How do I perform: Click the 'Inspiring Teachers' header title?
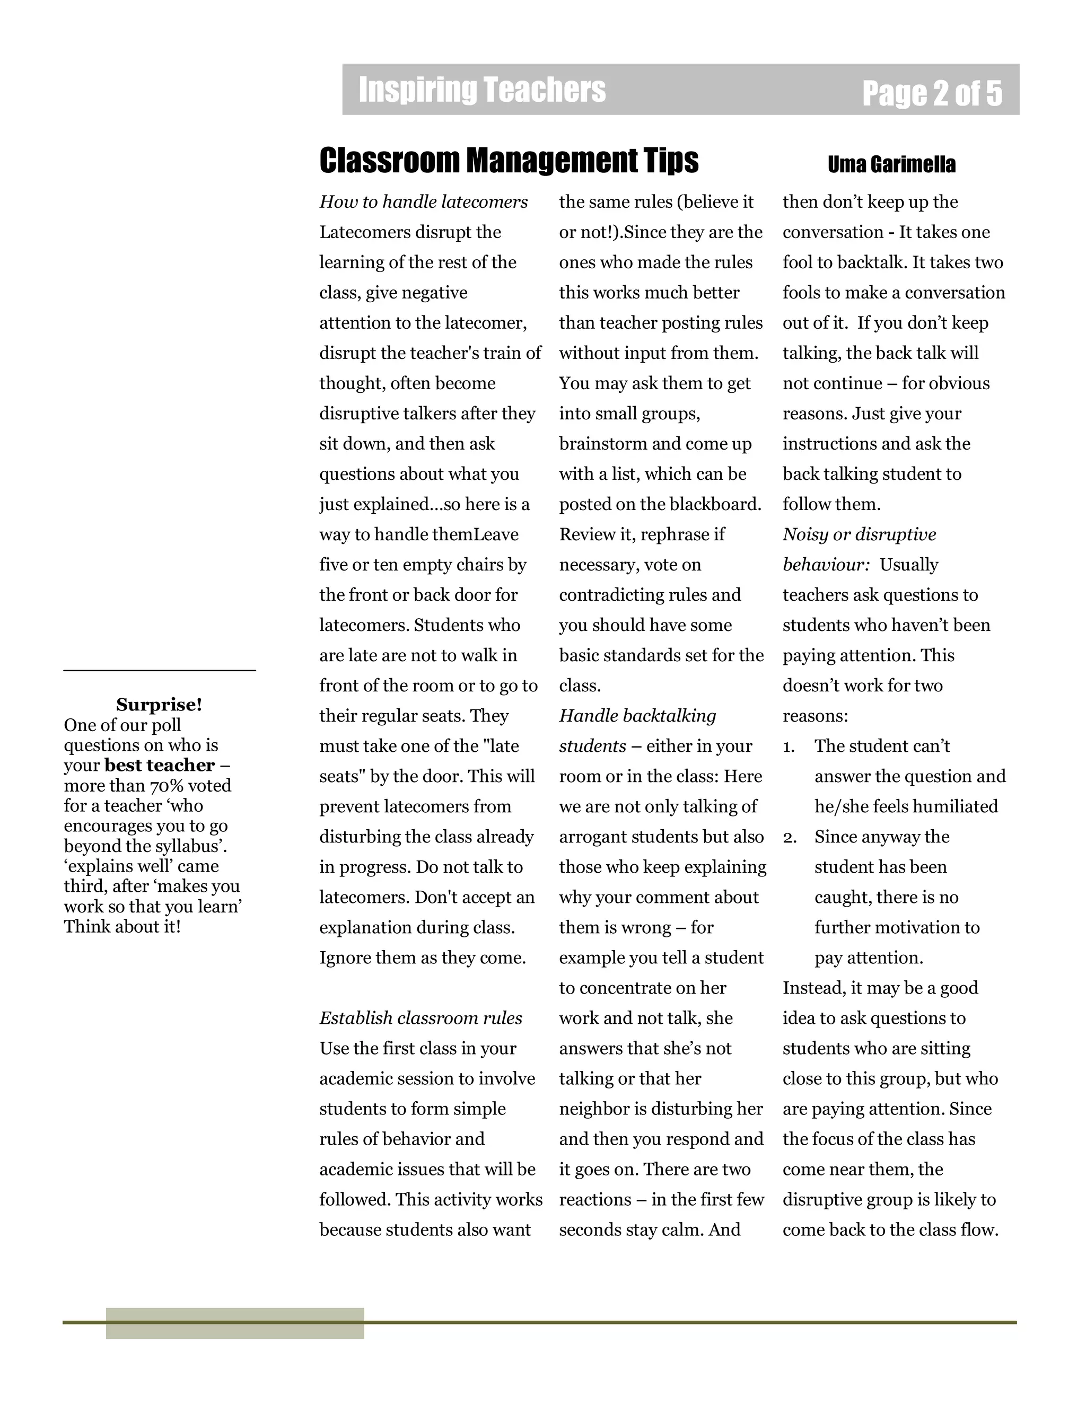tap(482, 90)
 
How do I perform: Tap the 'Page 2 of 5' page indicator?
tap(932, 93)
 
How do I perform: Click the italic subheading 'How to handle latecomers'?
tap(423, 202)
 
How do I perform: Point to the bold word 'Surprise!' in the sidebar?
tap(159, 705)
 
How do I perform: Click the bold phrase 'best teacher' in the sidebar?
tap(159, 765)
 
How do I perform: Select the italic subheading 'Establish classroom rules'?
tap(421, 1018)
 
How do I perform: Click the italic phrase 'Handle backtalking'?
tap(637, 716)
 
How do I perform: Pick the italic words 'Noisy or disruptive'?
tap(859, 534)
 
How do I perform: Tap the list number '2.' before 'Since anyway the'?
tap(790, 838)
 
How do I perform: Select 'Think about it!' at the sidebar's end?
tap(122, 926)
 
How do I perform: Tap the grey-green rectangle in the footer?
tap(235, 1323)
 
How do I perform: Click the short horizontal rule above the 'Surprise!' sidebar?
tap(159, 670)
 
